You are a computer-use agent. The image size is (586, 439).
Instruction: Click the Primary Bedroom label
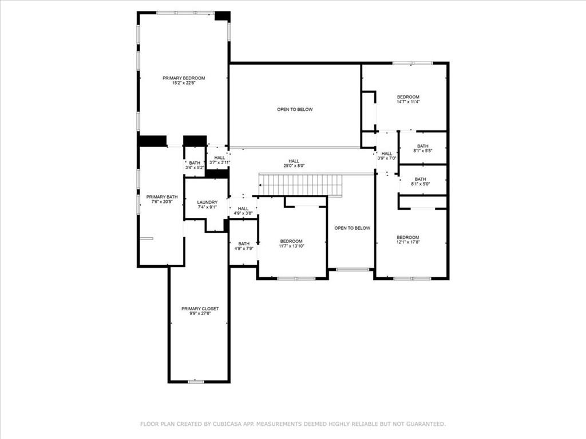184,78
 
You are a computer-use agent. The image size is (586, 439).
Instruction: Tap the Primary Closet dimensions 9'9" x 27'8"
200,314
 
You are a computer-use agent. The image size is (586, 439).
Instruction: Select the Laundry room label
207,202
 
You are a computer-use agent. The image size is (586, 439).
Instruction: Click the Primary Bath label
162,197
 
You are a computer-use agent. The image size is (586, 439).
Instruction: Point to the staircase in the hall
301,185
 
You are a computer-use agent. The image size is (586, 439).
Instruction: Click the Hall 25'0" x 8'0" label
294,161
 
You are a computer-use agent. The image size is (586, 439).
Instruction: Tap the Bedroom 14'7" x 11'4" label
408,97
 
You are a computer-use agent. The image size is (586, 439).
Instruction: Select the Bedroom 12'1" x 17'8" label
408,238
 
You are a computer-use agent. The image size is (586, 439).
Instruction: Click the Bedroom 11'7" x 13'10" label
291,241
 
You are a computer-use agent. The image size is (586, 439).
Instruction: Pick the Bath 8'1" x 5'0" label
422,179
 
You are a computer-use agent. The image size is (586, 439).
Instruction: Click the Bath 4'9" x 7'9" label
244,244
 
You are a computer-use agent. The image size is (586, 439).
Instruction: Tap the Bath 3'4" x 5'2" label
195,163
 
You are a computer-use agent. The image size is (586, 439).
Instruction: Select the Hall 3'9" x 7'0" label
387,154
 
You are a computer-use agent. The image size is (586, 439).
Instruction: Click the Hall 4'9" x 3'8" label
243,209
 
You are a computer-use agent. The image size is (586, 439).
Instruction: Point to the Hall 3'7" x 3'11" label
220,158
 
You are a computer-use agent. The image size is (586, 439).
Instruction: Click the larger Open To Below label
295,110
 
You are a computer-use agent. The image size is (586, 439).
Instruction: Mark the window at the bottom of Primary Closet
196,381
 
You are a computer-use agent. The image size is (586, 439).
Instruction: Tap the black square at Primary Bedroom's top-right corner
222,16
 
